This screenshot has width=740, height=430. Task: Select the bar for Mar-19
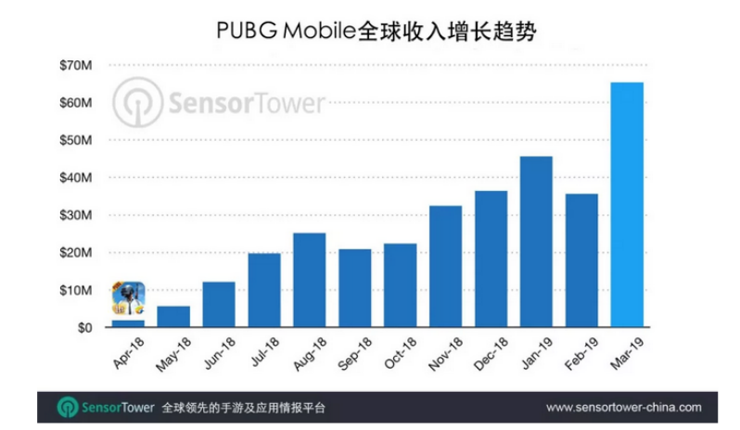(x=627, y=205)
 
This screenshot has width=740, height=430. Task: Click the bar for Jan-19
(x=536, y=242)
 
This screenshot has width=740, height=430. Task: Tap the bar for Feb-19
(x=581, y=260)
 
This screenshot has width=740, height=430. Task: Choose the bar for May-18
(x=173, y=317)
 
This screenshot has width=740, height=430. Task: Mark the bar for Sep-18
(x=354, y=288)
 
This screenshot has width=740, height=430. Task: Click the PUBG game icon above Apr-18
(x=128, y=300)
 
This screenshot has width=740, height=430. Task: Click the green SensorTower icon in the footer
(x=68, y=408)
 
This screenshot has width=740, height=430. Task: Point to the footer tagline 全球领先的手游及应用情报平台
(x=244, y=408)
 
